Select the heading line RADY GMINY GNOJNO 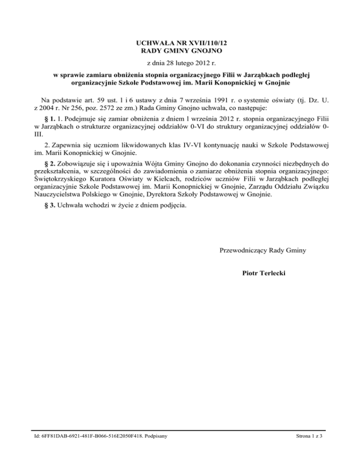point(180,50)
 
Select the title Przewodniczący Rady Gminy point(262,250)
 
